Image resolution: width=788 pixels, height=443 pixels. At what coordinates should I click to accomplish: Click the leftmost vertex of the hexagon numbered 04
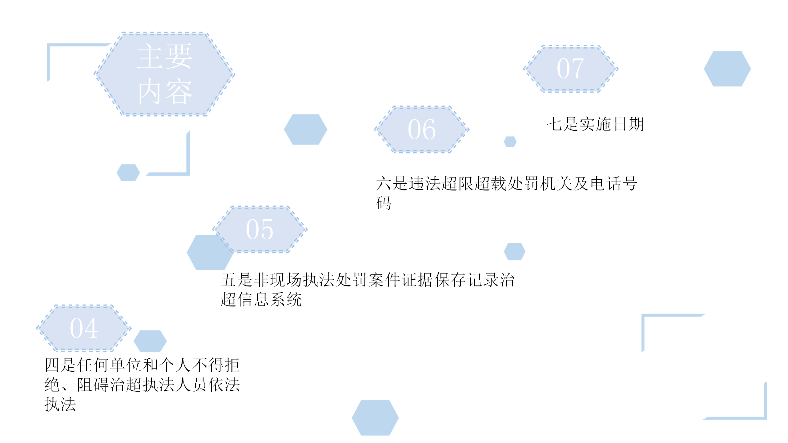36,328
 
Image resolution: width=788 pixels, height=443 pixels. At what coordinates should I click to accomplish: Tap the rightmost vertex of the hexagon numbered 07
618,69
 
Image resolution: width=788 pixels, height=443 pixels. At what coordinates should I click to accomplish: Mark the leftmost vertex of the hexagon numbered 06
374,130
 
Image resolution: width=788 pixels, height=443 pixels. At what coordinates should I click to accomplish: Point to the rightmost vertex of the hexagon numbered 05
308,229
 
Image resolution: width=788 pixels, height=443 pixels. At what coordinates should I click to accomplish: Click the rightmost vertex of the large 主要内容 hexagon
235,74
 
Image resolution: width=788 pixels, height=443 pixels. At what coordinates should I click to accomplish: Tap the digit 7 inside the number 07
577,68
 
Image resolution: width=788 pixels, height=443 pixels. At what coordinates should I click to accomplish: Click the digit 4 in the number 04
91,328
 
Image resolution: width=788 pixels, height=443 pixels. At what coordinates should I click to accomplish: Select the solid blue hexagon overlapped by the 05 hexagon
210,252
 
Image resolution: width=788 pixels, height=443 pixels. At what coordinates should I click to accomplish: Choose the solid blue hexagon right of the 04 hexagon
150,341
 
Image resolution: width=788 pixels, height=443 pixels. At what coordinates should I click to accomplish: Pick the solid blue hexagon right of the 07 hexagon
727,69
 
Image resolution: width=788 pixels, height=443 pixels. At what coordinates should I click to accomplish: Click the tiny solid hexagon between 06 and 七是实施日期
510,142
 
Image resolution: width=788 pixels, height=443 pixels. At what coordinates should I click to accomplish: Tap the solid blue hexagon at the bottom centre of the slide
375,418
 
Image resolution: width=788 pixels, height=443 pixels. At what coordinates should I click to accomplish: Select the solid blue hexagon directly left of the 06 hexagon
306,130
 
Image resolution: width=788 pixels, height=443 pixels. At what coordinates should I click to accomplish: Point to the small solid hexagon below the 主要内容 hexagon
128,173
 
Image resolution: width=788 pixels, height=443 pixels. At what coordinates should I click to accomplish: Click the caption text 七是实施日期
595,124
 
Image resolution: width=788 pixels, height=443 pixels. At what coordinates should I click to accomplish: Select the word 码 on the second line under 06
384,203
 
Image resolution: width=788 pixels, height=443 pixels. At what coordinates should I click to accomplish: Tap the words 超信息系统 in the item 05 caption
261,299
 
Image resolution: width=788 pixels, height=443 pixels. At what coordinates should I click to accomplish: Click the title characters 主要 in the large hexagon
164,56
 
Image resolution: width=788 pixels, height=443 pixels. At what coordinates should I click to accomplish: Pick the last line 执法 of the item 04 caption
60,404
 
